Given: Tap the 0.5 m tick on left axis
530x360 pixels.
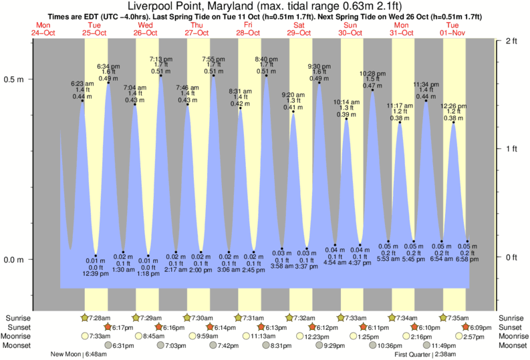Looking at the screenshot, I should pyautogui.click(x=15, y=79).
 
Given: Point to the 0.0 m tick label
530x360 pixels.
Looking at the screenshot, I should pyautogui.click(x=15, y=260).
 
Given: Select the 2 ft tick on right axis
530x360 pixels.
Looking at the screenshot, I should pyautogui.click(x=512, y=41).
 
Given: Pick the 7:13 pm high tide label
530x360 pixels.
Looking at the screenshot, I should pyautogui.click(x=160, y=59).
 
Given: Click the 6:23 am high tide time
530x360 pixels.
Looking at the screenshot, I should pyautogui.click(x=82, y=83).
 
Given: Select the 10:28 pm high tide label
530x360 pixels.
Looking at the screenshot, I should pyautogui.click(x=372, y=73).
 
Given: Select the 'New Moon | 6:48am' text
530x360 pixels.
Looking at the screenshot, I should pyautogui.click(x=83, y=355).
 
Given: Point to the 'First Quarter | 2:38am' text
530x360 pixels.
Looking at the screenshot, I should pyautogui.click(x=426, y=355).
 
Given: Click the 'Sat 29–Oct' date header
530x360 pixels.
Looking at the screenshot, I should pyautogui.click(x=298, y=29).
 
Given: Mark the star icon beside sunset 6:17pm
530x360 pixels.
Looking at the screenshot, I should pyautogui.click(x=108, y=327).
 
